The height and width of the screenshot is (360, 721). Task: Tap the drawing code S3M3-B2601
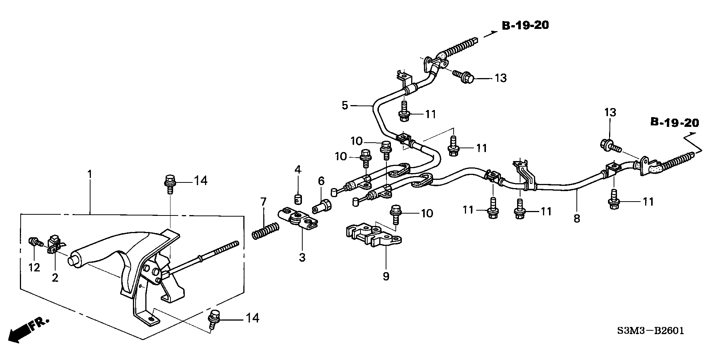pos(650,331)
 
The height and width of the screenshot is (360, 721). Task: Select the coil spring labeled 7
pos(265,230)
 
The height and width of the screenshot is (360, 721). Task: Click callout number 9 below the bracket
pos(386,276)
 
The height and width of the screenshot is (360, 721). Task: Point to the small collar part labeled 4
pos(297,198)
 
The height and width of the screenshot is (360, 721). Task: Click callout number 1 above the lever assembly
pos(89,175)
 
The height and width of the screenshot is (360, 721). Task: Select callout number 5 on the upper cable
pos(345,105)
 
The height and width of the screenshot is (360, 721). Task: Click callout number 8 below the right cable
pos(576,218)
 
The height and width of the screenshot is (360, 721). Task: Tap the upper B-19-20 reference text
pos(525,26)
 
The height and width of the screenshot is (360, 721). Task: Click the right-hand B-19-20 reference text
pos(674,123)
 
